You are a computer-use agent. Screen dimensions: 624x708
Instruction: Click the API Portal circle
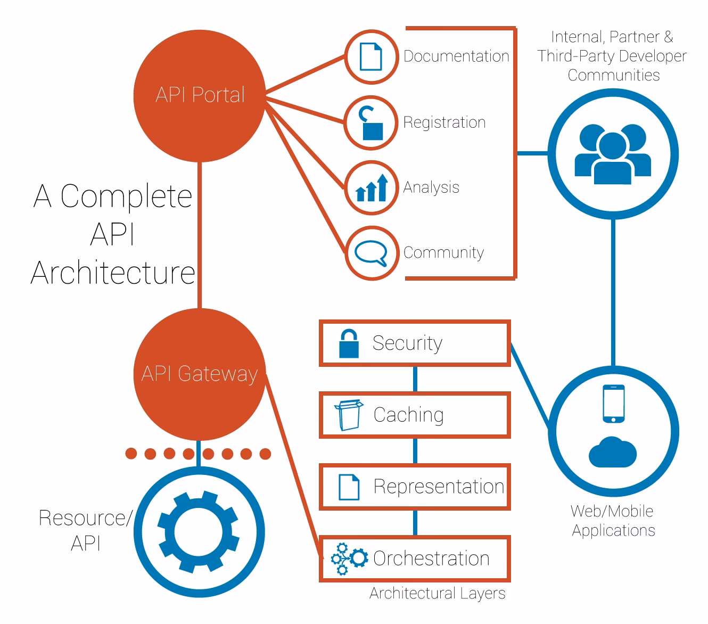point(200,95)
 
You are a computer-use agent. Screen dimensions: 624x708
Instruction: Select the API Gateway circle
point(200,374)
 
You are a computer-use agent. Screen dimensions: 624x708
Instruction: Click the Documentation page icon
point(371,56)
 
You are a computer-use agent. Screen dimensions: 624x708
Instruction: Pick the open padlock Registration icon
point(372,124)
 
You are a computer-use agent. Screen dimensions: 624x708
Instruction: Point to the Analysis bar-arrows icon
point(372,187)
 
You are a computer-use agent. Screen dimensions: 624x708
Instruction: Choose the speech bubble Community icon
point(371,252)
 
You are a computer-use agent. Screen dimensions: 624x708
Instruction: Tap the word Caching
point(408,415)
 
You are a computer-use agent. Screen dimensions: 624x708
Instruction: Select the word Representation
point(439,487)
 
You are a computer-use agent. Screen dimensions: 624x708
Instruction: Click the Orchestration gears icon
point(349,559)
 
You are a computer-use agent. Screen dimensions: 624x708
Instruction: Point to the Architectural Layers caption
point(437,593)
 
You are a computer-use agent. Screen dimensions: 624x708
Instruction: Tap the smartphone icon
point(613,404)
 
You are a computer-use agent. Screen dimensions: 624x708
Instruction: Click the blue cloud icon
point(613,452)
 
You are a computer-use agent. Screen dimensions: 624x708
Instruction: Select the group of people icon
point(613,154)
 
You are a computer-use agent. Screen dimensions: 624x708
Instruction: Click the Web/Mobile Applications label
point(613,521)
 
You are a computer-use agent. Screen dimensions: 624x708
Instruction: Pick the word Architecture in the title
point(113,273)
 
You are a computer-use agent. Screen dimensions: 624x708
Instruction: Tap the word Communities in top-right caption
point(613,75)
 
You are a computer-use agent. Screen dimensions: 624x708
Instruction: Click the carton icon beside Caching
point(349,415)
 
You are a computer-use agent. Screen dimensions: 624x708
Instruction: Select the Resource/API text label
point(85,530)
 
